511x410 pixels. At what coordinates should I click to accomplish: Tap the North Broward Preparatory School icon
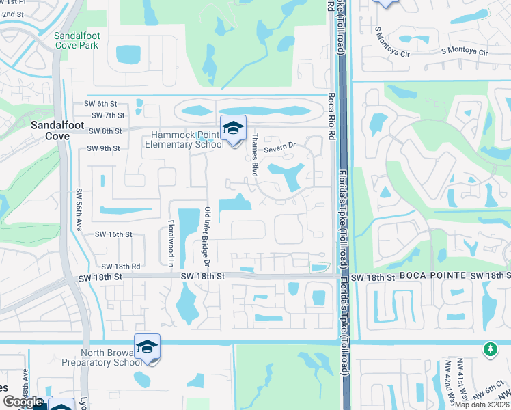[x=147, y=348]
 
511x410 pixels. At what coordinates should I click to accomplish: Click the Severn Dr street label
[x=280, y=145]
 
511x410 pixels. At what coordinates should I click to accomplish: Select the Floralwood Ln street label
[x=171, y=242]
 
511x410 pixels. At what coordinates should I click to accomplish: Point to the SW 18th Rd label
[x=121, y=266]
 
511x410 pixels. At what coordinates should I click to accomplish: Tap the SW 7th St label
[x=108, y=115]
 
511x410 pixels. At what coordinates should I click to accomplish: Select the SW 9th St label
[x=103, y=148]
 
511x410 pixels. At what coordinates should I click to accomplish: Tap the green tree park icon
[x=490, y=349]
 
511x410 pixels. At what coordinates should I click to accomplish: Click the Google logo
[x=22, y=402]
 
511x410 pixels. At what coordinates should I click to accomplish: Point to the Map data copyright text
[x=482, y=405]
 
